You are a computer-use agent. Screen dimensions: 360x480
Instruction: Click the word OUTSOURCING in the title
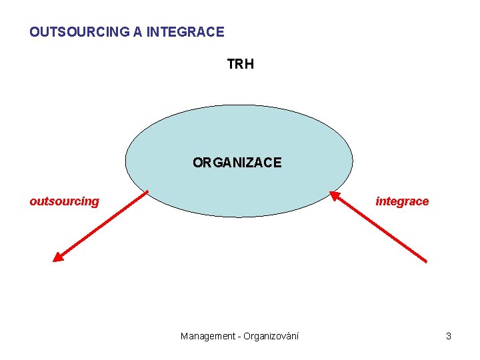[79, 31]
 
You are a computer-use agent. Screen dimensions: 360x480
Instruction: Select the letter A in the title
[138, 31]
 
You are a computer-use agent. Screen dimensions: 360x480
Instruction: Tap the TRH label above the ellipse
[240, 64]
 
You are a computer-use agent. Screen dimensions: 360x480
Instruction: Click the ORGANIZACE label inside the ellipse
[237, 162]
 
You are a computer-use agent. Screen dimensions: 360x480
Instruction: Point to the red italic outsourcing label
[64, 201]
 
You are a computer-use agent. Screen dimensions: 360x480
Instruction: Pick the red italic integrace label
[402, 201]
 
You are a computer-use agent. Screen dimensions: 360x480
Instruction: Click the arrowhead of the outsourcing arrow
[57, 258]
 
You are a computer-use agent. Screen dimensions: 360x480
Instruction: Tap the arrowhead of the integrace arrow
[333, 195]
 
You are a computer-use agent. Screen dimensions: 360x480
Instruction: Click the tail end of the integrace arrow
[426, 261]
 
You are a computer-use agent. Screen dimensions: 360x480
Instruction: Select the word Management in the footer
[207, 336]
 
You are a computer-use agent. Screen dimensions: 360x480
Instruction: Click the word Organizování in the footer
[271, 336]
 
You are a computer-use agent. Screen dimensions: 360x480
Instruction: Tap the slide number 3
[449, 336]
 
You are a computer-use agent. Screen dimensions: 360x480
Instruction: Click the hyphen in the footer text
[238, 336]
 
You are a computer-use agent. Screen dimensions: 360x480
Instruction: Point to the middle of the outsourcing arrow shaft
[102, 226]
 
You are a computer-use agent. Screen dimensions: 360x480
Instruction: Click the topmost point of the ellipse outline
[239, 105]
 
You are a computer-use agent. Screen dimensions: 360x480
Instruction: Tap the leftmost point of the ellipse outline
[125, 161]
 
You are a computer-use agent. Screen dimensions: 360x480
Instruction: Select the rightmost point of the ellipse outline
[353, 161]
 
